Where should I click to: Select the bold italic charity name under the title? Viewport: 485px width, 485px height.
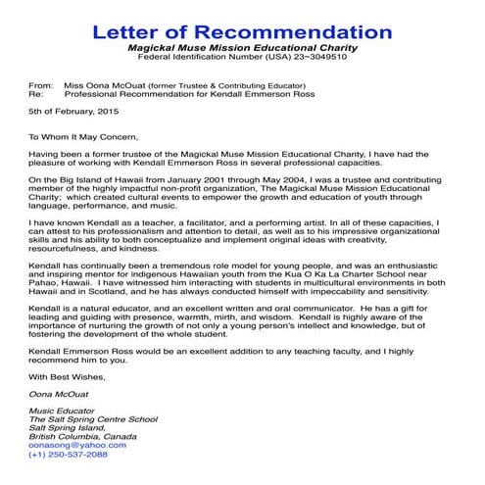pos(242,47)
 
